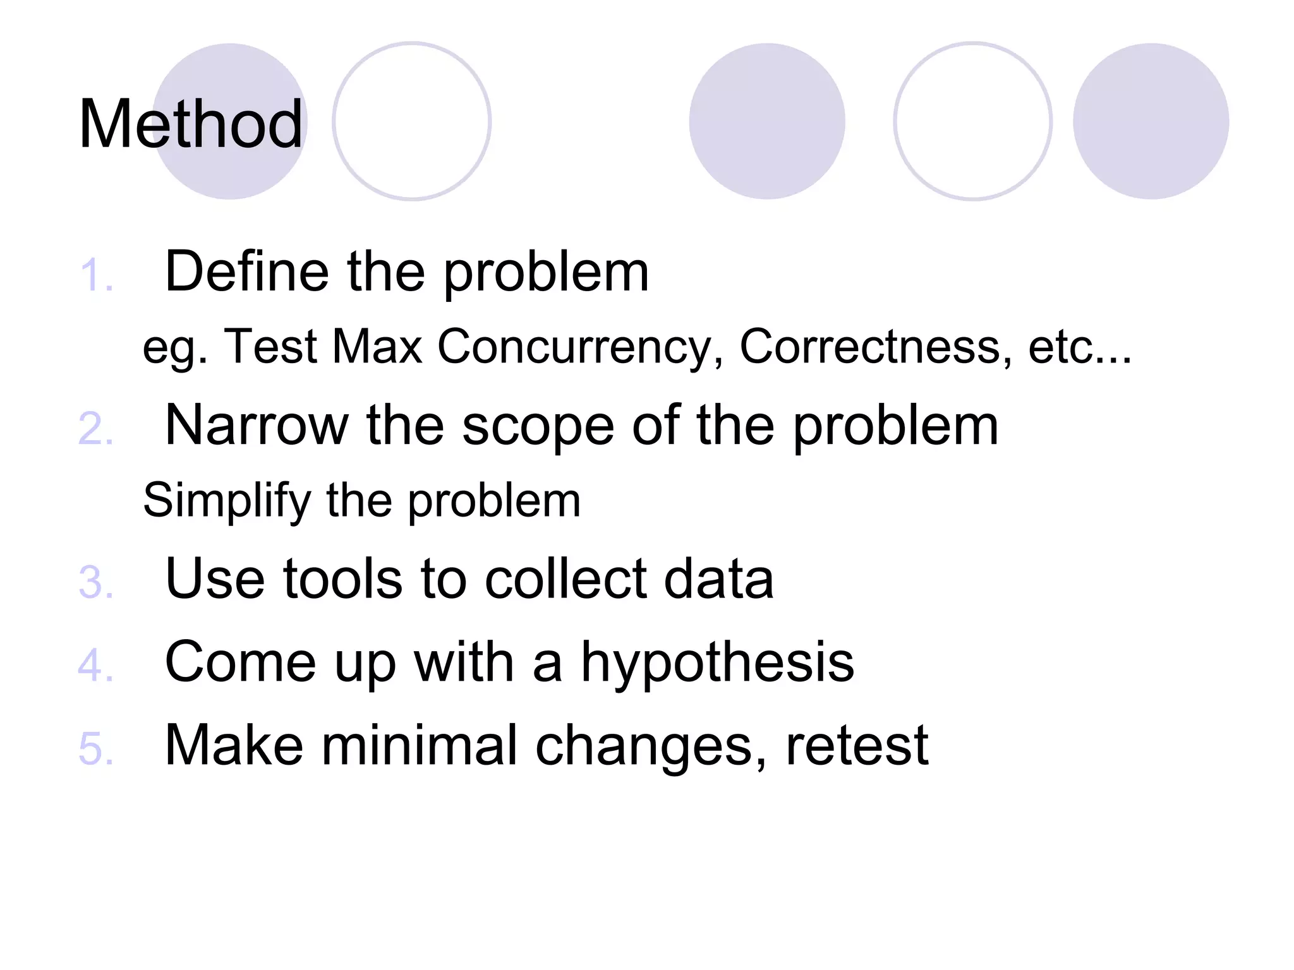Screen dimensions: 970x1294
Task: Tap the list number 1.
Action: click(x=96, y=276)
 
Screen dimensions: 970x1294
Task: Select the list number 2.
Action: click(x=96, y=429)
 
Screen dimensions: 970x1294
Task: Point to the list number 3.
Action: click(x=96, y=582)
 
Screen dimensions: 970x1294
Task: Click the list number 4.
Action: click(x=96, y=666)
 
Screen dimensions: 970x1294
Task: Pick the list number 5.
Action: click(x=96, y=749)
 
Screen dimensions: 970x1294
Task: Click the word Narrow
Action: click(x=257, y=425)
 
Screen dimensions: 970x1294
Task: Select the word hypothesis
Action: click(x=717, y=663)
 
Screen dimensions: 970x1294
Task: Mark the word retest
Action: click(x=857, y=746)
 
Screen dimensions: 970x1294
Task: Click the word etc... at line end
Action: click(x=1079, y=347)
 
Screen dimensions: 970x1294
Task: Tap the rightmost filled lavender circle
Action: click(x=1151, y=121)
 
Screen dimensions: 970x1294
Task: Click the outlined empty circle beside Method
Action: click(x=412, y=121)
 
